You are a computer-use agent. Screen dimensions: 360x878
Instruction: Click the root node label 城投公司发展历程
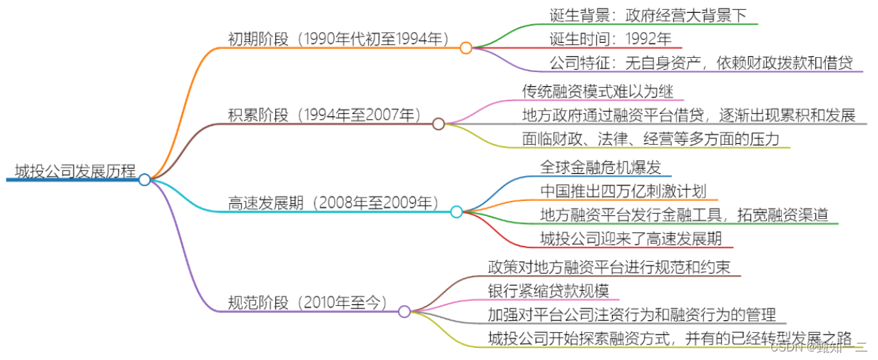pos(74,171)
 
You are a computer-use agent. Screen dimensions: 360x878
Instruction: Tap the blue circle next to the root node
pos(145,180)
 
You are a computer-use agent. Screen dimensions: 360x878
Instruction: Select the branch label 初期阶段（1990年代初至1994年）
pos(338,38)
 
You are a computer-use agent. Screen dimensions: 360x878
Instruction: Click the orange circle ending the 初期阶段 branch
pos(466,48)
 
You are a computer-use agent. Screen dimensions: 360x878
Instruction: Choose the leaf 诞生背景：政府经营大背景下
pos(648,15)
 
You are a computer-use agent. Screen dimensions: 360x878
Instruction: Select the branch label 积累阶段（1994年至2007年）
pos(325,115)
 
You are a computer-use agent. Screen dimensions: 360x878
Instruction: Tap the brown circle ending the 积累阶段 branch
pos(439,124)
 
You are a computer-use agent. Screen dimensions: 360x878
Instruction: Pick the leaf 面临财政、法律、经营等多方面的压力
pos(650,139)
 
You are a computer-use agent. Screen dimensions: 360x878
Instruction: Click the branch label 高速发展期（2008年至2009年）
pos(335,202)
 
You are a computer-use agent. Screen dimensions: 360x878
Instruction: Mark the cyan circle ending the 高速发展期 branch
pos(456,212)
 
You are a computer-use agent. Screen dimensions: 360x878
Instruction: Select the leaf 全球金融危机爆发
pos(602,167)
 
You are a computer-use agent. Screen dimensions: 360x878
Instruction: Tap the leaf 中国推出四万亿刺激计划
pos(623,190)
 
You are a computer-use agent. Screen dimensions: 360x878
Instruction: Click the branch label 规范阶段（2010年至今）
pos(308,302)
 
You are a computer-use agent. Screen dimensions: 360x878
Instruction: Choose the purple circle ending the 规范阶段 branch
pos(404,312)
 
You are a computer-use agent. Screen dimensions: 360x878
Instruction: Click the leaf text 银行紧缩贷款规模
pos(548,290)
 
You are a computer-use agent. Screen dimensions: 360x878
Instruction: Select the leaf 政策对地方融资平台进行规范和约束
pos(609,267)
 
